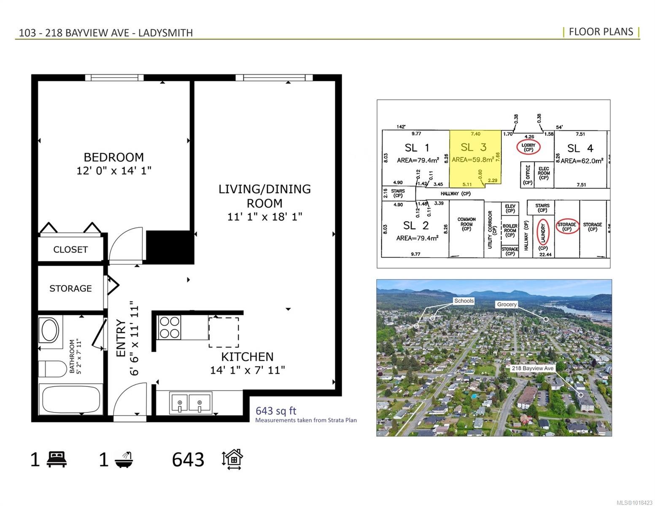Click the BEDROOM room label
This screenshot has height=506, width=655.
[x=113, y=157]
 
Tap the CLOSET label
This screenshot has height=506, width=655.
[x=70, y=250]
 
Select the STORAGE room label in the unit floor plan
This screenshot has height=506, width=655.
[x=70, y=288]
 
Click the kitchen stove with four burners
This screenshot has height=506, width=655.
[x=169, y=328]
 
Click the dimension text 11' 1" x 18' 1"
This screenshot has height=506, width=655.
[x=264, y=217]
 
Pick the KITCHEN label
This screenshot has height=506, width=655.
[x=247, y=357]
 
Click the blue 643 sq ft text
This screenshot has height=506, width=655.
[x=276, y=411]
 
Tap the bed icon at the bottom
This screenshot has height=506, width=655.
[x=57, y=459]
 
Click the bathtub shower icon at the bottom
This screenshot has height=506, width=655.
[x=126, y=459]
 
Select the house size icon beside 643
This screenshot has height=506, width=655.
[x=232, y=459]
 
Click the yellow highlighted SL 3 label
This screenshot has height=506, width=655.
[x=473, y=147]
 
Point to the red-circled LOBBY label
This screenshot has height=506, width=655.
[x=528, y=147]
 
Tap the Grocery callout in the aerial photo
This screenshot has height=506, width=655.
[x=507, y=304]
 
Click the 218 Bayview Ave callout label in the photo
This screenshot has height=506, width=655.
[x=532, y=368]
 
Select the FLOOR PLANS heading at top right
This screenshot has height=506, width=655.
[x=601, y=32]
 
